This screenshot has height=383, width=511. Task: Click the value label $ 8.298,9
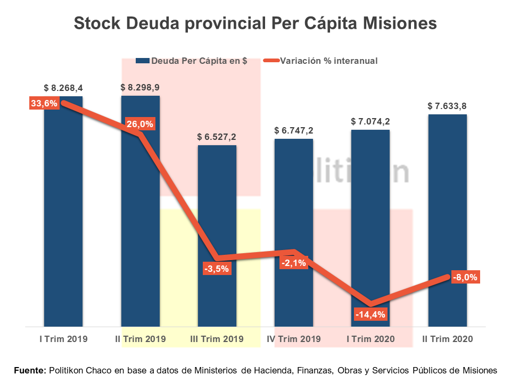coord(140,87)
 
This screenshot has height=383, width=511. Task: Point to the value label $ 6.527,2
coord(217,137)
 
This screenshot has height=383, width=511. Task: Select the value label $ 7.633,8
coord(448,106)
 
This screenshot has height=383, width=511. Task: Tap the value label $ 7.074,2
coord(370,121)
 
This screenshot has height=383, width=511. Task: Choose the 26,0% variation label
coord(140,124)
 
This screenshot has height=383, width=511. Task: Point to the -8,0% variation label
coord(466,277)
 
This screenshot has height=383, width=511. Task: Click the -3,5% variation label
coord(217,269)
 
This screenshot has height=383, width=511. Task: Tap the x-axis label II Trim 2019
coord(141,339)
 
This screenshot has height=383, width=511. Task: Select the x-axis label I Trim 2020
coord(370,339)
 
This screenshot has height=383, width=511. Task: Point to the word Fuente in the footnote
coord(30,370)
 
